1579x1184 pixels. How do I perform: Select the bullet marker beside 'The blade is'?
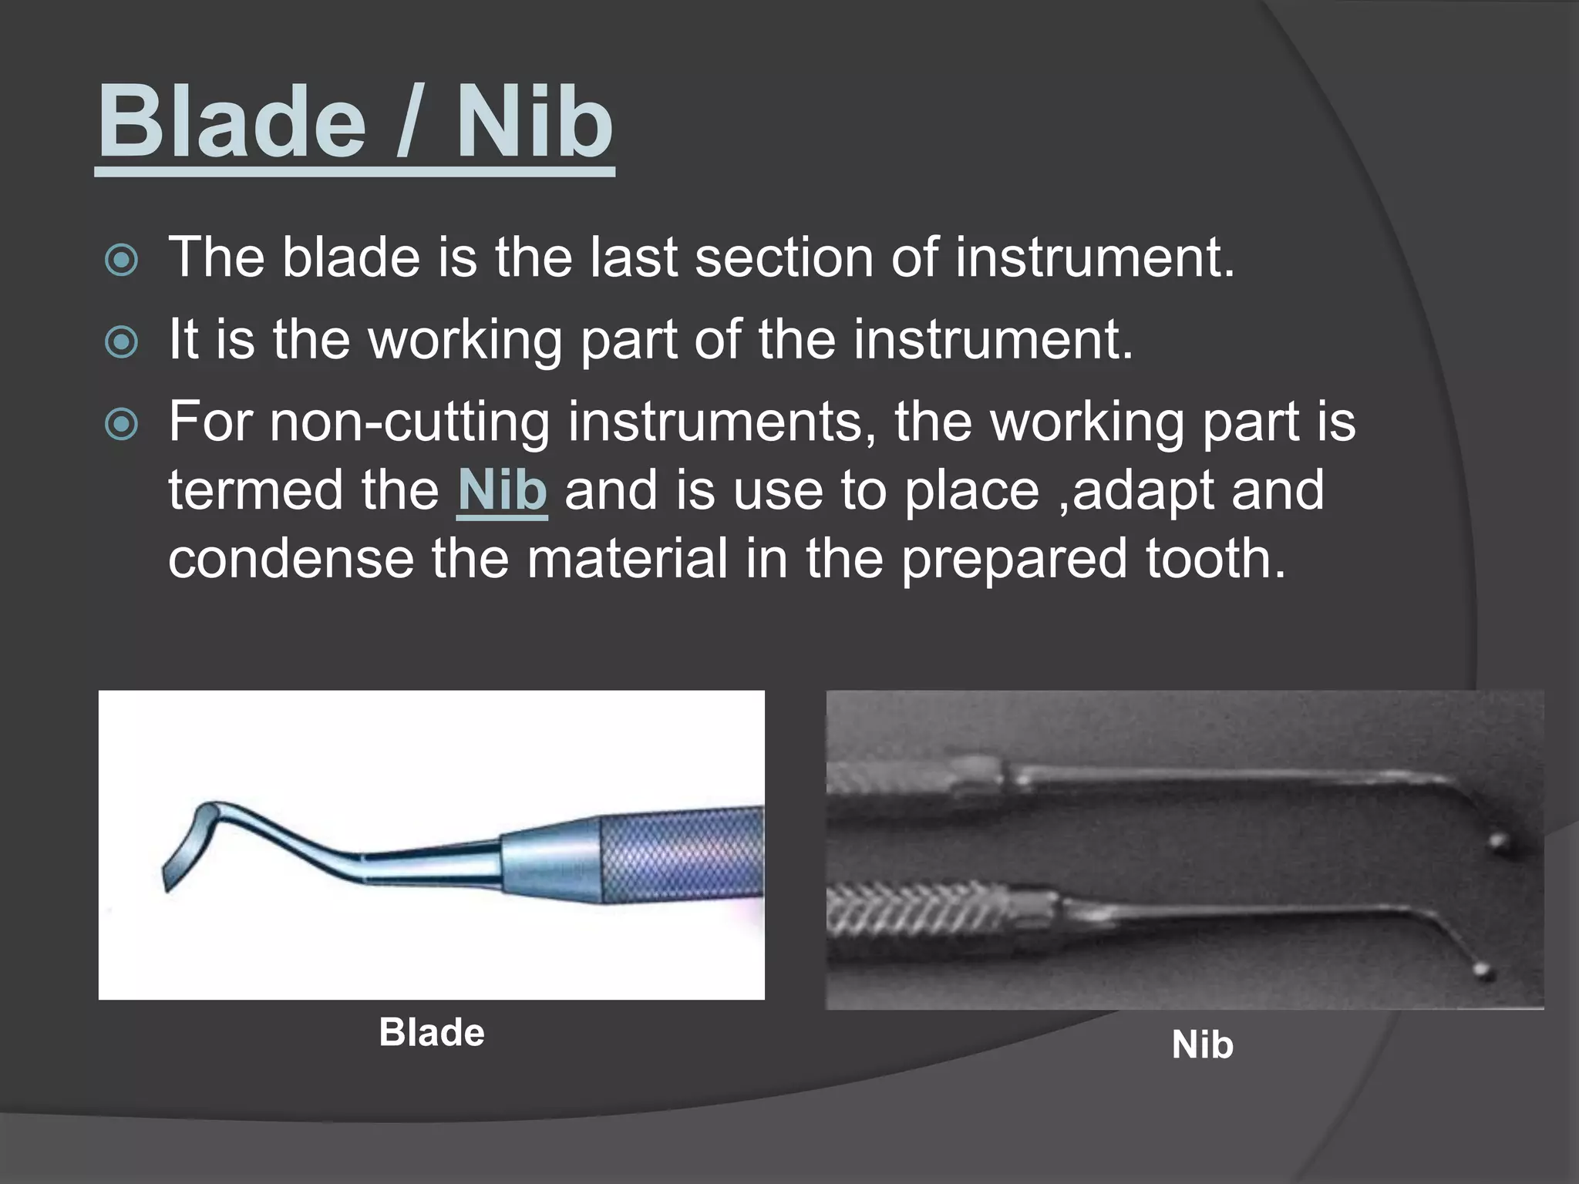click(x=121, y=260)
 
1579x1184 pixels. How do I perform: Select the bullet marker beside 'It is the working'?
click(x=121, y=342)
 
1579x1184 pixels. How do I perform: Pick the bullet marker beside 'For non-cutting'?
click(x=121, y=425)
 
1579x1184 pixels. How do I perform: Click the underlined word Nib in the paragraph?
click(x=502, y=491)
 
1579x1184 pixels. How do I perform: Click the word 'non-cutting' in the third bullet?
click(x=409, y=422)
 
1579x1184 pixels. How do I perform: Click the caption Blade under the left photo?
click(x=431, y=1033)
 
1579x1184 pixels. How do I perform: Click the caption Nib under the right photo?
click(x=1202, y=1045)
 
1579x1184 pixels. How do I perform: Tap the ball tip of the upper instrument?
click(x=1498, y=841)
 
